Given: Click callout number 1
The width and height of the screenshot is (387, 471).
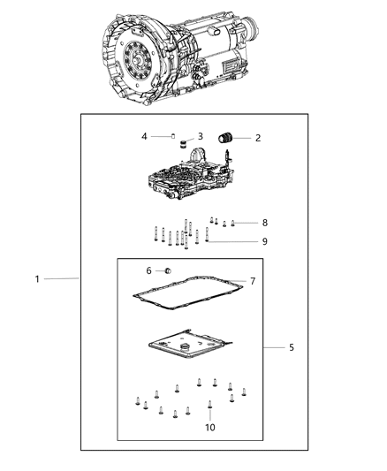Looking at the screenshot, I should pos(38,279).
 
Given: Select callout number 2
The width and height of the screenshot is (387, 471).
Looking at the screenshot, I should pos(257,138).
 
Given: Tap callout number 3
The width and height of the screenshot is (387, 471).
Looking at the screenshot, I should pos(201,136).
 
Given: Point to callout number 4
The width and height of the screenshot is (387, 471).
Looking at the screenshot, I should pos(144,136).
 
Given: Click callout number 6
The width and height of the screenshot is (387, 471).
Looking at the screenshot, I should pos(148,270).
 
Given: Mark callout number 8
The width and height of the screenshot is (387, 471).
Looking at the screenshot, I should pos(264,223).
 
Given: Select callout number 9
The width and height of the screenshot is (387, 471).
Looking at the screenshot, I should pos(264,241).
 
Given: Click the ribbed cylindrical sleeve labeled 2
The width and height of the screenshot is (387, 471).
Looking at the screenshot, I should pos(229,137).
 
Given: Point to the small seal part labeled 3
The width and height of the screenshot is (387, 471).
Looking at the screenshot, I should pos(181,141).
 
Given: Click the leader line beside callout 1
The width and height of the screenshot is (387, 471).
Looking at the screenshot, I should pos(62,279).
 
